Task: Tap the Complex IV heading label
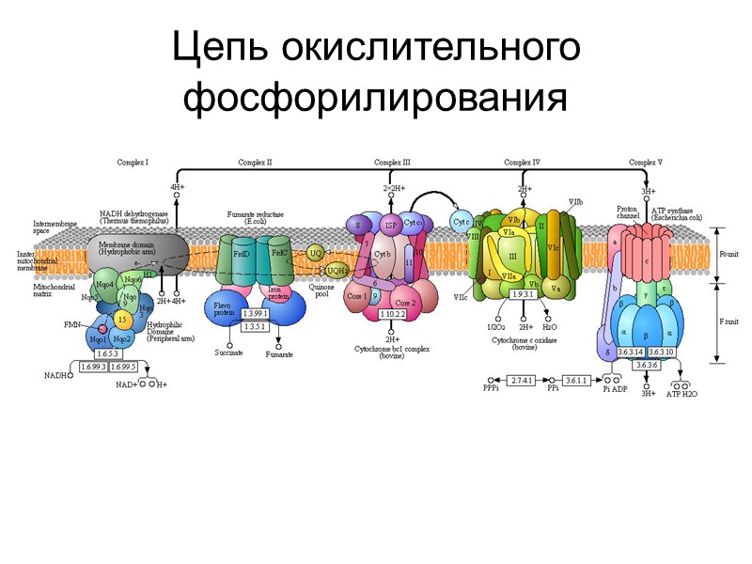(x=522, y=162)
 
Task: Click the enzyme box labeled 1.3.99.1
(x=255, y=313)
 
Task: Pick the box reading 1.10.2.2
(x=392, y=314)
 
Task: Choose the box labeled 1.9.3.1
(x=524, y=294)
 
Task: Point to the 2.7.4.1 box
(x=523, y=380)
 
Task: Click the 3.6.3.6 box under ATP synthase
(x=647, y=365)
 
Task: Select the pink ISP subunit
(x=390, y=226)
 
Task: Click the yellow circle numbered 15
(x=121, y=321)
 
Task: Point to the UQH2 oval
(x=337, y=270)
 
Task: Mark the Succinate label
(x=228, y=352)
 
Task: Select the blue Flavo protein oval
(x=224, y=309)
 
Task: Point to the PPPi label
(x=490, y=388)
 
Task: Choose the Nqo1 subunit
(x=97, y=339)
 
